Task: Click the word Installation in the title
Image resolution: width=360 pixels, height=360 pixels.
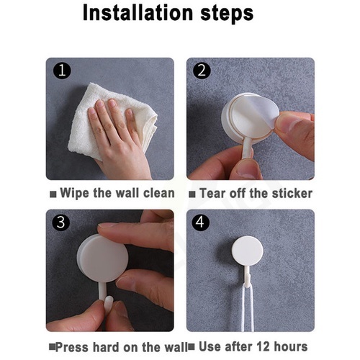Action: tap(138, 12)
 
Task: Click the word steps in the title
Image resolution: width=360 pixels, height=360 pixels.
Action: tap(227, 14)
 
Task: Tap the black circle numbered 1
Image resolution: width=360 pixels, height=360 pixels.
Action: tap(62, 71)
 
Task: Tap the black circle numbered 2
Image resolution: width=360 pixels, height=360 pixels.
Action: tap(202, 71)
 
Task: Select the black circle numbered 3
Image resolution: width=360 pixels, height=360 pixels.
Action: tap(61, 222)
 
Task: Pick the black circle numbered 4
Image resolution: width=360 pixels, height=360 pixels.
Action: tap(201, 222)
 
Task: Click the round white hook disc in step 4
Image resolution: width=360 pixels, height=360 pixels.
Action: tap(247, 251)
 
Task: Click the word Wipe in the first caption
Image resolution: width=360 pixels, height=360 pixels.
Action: tap(74, 194)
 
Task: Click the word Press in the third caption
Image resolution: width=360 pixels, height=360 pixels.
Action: tap(72, 347)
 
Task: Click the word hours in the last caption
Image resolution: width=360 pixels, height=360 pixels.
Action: tap(291, 346)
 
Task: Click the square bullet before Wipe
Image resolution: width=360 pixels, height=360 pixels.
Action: tap(53, 194)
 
